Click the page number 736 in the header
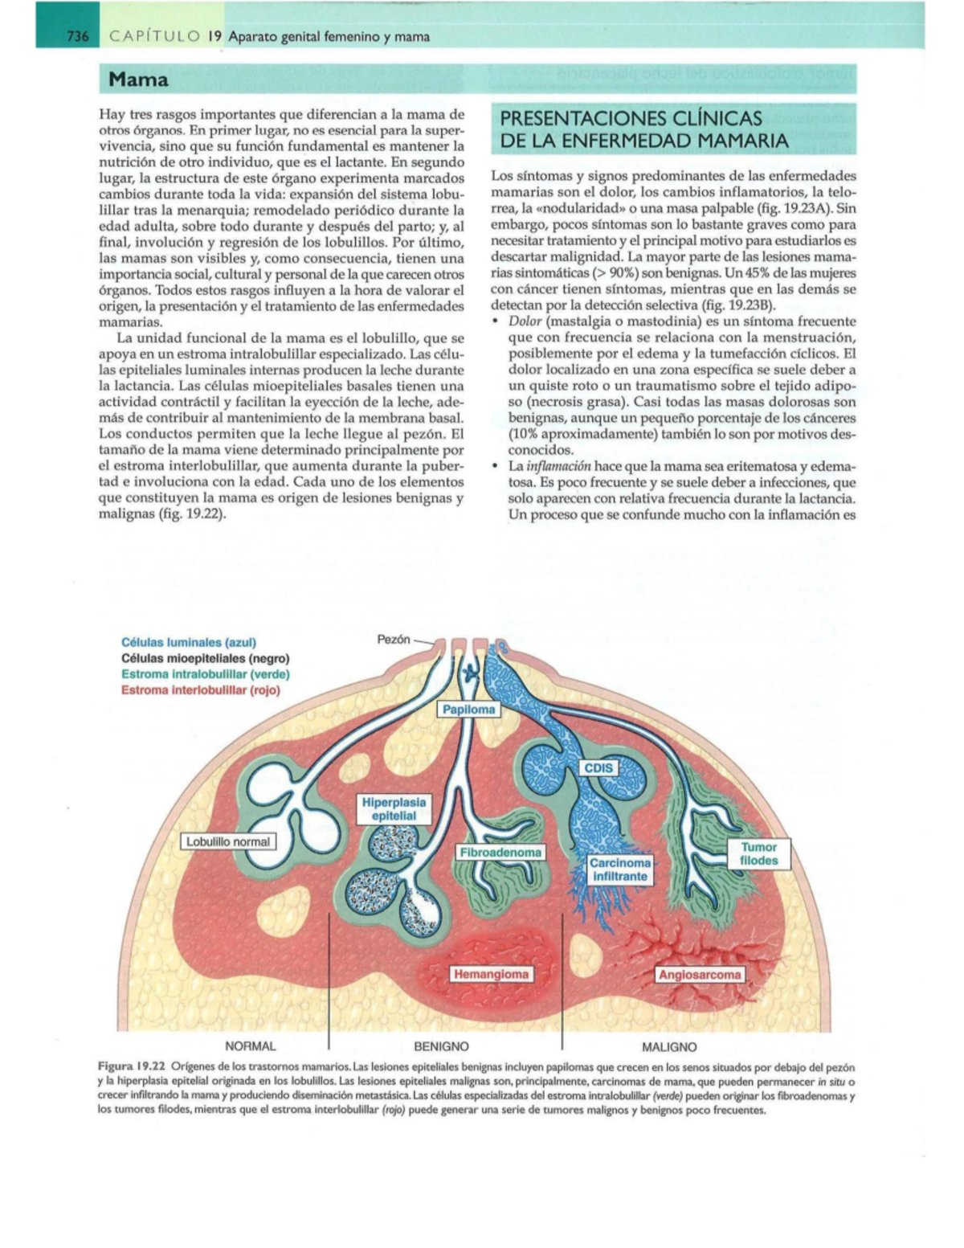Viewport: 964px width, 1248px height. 77,36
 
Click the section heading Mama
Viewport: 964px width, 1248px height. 139,80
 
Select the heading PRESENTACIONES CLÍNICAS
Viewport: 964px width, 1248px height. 631,118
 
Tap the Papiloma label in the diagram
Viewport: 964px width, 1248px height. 468,710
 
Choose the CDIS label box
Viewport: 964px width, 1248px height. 598,767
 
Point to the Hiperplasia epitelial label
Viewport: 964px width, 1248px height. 394,808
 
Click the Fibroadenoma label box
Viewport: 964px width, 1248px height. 500,852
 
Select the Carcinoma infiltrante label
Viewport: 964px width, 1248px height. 620,870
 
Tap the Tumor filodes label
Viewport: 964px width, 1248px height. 758,853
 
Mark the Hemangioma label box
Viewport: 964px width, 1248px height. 491,974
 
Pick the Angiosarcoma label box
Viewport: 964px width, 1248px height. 700,975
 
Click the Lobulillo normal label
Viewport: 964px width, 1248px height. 228,841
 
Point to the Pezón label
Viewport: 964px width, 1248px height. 394,640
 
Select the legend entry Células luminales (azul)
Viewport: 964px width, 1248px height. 189,642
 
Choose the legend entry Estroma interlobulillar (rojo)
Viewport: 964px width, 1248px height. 201,689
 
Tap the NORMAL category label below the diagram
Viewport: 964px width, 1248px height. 250,1046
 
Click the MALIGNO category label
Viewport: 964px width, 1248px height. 669,1047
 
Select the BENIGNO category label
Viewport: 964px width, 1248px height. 441,1046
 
